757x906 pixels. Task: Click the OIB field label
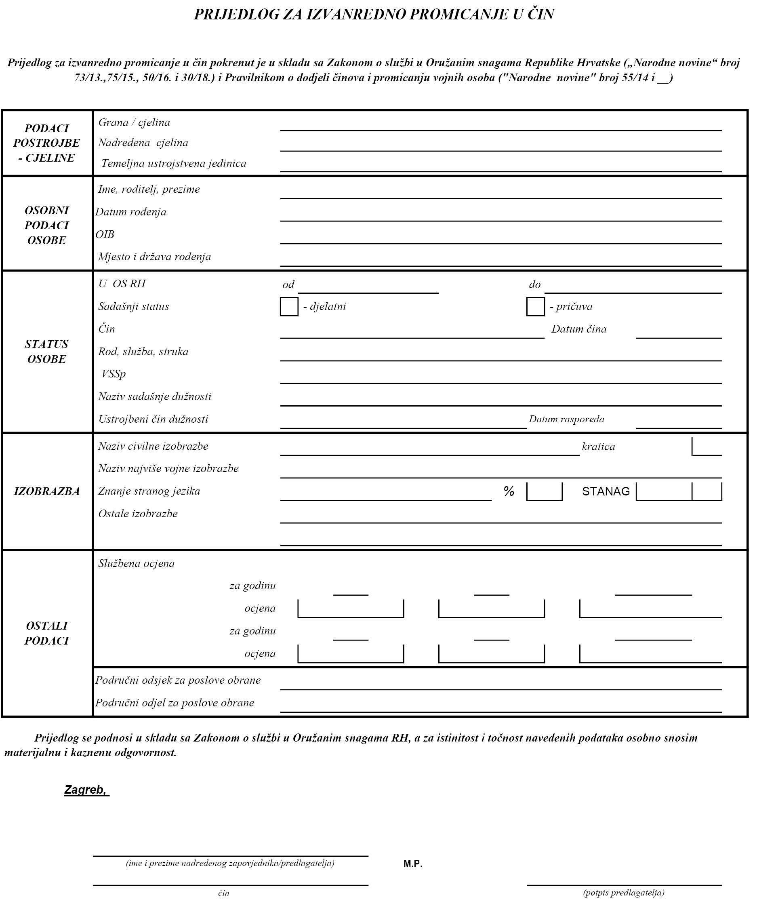(105, 234)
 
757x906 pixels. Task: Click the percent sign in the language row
(509, 491)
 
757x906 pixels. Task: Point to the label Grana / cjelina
(134, 122)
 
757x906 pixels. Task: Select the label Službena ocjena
(136, 563)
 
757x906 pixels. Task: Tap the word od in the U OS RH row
(288, 285)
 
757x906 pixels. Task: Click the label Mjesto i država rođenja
(154, 257)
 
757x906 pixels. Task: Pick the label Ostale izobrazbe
(138, 514)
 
